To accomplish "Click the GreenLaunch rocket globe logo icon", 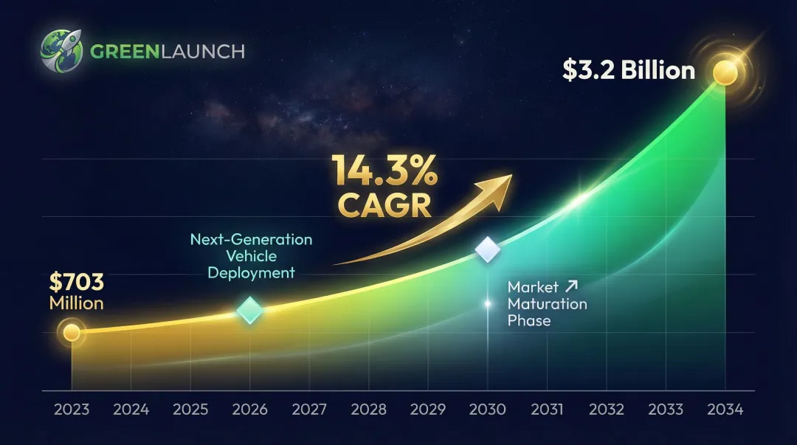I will coord(63,51).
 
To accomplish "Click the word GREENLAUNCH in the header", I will coord(167,52).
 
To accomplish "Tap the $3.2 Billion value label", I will coord(628,70).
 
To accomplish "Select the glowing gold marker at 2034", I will coord(725,73).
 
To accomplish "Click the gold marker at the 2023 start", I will coord(72,332).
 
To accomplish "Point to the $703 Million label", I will coord(76,292).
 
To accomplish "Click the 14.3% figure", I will coord(385,171).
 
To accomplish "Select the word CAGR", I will coord(384,206).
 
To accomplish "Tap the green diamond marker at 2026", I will coord(250,310).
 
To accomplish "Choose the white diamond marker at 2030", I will coord(488,249).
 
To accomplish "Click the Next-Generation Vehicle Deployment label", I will coord(251,256).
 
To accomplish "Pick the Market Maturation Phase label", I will coord(547,303).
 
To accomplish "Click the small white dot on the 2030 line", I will coord(487,303).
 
